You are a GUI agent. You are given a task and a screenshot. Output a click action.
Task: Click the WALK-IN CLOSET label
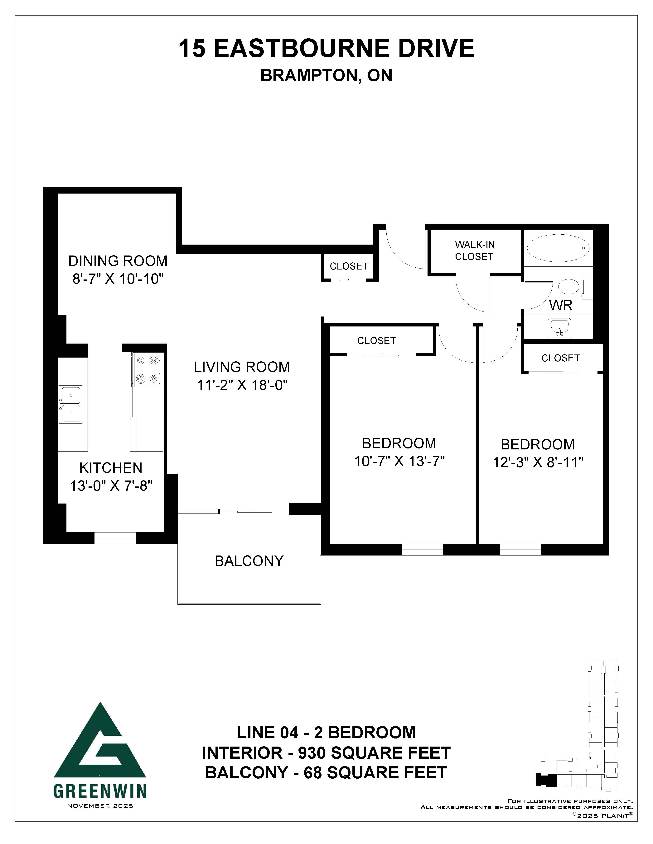click(474, 250)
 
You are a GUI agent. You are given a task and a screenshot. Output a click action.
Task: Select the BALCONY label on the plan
click(249, 561)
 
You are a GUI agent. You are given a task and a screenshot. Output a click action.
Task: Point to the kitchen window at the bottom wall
click(115, 538)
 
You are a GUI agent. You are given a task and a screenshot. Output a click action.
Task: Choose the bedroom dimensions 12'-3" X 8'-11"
click(538, 463)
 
